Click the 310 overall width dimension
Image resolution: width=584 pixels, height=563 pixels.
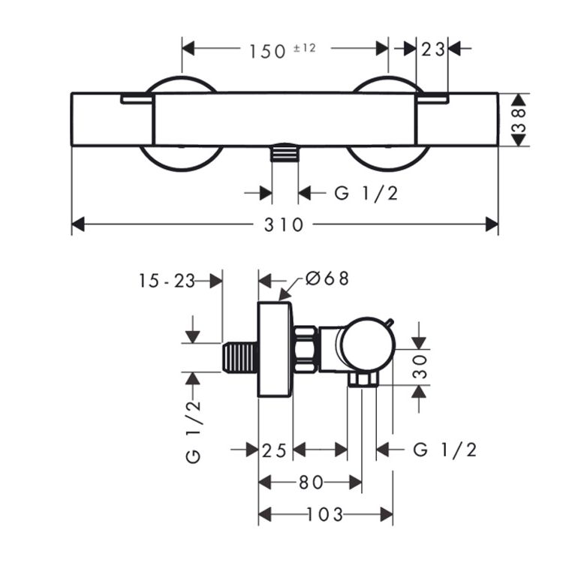(x=284, y=224)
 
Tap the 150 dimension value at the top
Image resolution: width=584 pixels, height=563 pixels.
(x=265, y=50)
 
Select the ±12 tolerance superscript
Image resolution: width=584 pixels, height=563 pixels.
(x=304, y=47)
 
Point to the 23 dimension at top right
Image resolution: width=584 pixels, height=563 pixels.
(x=433, y=49)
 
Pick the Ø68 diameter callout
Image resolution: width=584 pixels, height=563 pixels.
(x=327, y=278)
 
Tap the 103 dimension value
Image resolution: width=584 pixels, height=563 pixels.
(x=325, y=514)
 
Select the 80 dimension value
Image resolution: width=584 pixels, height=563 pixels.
(x=310, y=482)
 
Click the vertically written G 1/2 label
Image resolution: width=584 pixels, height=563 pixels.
(x=194, y=432)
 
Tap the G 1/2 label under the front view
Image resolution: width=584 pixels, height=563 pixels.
(x=366, y=193)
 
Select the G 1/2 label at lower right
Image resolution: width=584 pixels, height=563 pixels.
(x=445, y=450)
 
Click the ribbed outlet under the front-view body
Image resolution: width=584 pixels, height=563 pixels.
(x=284, y=154)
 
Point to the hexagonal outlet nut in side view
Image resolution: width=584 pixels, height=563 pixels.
(x=361, y=381)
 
